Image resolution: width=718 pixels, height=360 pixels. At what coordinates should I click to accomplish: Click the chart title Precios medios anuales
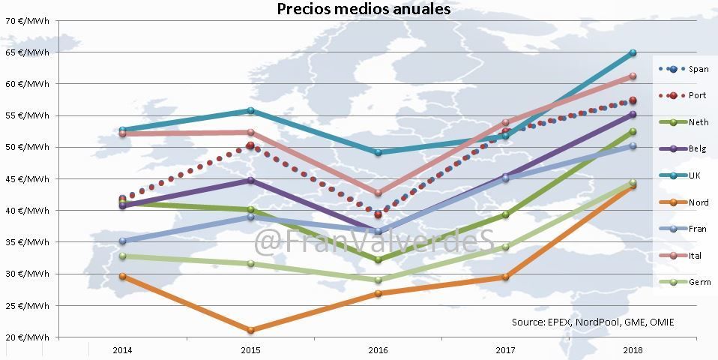pyautogui.click(x=364, y=9)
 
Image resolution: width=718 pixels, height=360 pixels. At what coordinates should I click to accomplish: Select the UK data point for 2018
pyautogui.click(x=633, y=52)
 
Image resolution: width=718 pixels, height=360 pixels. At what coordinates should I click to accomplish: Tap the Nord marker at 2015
pyautogui.click(x=250, y=330)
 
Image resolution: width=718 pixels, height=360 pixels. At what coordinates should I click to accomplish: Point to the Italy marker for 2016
pyautogui.click(x=378, y=193)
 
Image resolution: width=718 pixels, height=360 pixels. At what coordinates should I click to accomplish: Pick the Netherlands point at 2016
pyautogui.click(x=378, y=259)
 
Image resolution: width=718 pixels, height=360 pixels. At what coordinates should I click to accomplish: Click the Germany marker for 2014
pyautogui.click(x=122, y=256)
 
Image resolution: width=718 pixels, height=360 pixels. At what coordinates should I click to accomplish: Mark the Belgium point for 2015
pyautogui.click(x=250, y=180)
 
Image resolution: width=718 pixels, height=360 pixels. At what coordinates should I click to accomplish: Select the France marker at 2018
pyautogui.click(x=633, y=145)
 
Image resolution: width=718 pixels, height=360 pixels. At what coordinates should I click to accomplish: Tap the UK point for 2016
pyautogui.click(x=378, y=152)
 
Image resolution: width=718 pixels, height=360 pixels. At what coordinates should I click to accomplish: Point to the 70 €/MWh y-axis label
pyautogui.click(x=28, y=21)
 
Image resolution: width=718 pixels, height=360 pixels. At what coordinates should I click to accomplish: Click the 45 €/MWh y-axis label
pyautogui.click(x=28, y=179)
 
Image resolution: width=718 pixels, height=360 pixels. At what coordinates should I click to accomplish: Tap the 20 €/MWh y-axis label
pyautogui.click(x=28, y=337)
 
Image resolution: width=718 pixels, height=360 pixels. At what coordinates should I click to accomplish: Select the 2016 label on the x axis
pyautogui.click(x=378, y=350)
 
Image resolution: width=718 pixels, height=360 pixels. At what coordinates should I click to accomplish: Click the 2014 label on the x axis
pyautogui.click(x=122, y=350)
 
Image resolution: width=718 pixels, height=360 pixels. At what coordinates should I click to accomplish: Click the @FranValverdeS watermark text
pyautogui.click(x=375, y=241)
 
